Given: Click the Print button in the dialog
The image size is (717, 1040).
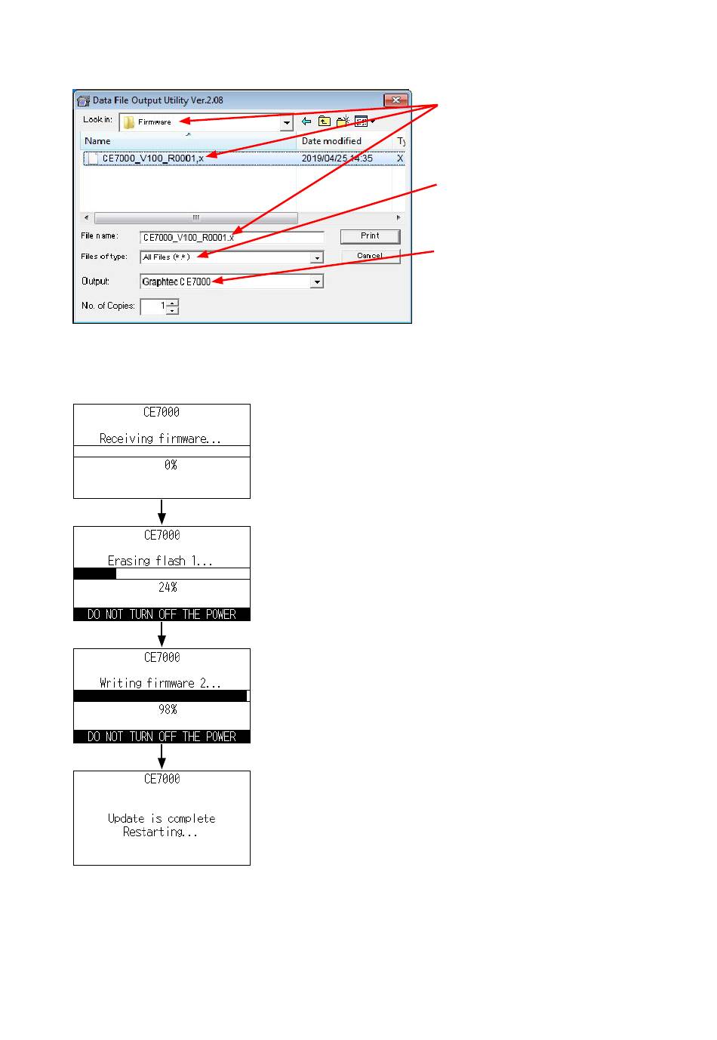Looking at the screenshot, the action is [370, 236].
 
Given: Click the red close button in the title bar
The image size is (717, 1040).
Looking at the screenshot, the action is [396, 100].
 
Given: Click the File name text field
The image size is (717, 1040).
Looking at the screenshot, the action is [231, 237].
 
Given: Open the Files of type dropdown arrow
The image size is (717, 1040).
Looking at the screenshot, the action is [317, 258].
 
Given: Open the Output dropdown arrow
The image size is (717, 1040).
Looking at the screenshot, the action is [317, 282].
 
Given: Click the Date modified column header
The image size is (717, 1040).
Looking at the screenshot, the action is [331, 141].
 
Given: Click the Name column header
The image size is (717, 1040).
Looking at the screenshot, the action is [97, 141].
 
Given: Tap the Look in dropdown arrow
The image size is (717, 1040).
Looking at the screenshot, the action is [286, 122].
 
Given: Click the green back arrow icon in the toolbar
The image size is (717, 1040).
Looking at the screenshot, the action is [306, 122].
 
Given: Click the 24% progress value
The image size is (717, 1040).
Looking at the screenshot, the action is [168, 587].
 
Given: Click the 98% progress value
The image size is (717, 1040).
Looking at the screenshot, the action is [168, 709].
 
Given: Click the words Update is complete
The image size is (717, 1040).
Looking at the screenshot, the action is [162, 818].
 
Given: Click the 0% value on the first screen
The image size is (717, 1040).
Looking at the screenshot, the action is [171, 465].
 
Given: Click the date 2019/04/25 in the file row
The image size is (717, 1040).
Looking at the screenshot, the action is [325, 158].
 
